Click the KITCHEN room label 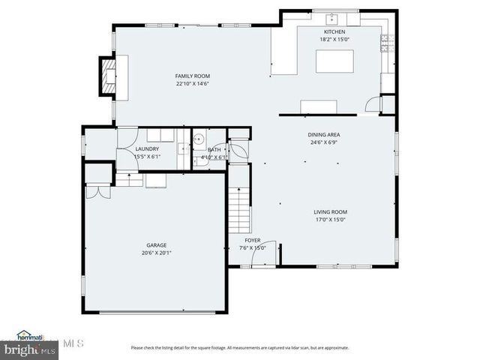pos(334,32)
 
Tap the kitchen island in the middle pos(334,61)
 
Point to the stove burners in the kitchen pos(387,43)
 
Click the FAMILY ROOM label pos(192,76)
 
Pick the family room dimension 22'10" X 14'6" pos(192,84)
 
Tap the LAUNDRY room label pos(147,149)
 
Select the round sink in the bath pos(199,139)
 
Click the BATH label pos(214,150)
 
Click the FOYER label pos(252,241)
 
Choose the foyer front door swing pos(264,253)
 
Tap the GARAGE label pos(156,244)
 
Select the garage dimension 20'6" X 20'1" pos(156,253)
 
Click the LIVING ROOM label pos(330,212)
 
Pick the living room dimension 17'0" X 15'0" pos(330,220)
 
